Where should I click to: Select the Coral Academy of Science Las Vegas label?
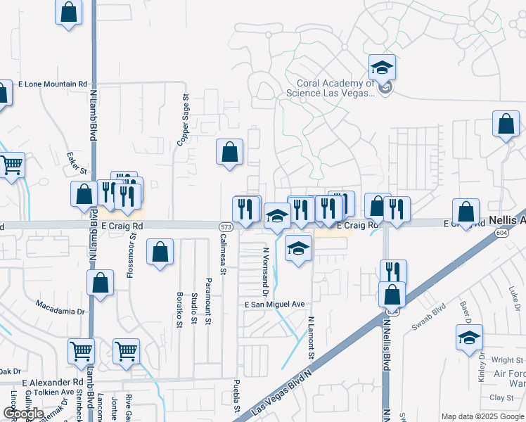point(329,88)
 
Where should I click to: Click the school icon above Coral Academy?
point(382,68)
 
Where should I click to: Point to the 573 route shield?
point(225,227)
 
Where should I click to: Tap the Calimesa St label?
point(223,254)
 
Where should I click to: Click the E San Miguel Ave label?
point(275,305)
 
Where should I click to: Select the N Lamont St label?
point(310,336)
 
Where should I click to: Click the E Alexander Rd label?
point(47,382)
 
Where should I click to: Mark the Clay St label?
point(501,397)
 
